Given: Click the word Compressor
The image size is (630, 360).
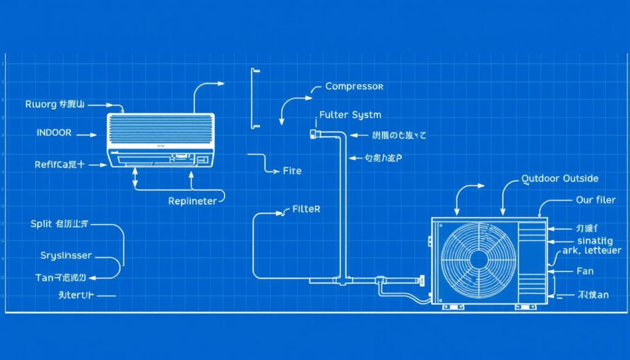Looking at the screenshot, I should click(x=354, y=87).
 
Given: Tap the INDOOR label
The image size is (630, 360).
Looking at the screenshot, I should click(x=54, y=132).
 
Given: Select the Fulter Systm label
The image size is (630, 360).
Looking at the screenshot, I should click(x=350, y=115).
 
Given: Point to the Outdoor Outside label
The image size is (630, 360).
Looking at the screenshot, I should click(x=559, y=178).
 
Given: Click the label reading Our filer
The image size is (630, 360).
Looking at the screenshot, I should click(x=596, y=200).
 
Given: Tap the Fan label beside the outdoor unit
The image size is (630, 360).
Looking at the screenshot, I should click(x=586, y=271).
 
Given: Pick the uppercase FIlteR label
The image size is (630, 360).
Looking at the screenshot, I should click(x=305, y=209).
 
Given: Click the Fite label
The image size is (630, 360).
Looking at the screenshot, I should click(x=292, y=170).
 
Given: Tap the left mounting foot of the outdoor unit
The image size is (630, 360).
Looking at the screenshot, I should click(x=451, y=306).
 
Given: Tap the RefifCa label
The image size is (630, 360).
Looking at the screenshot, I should click(x=59, y=164).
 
